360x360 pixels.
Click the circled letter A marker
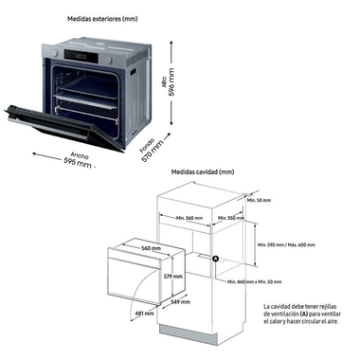pyautogui.click(x=215, y=260)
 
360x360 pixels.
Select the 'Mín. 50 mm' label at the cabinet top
pyautogui.click(x=257, y=201)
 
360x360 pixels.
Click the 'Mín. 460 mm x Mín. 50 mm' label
pyautogui.click(x=255, y=281)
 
